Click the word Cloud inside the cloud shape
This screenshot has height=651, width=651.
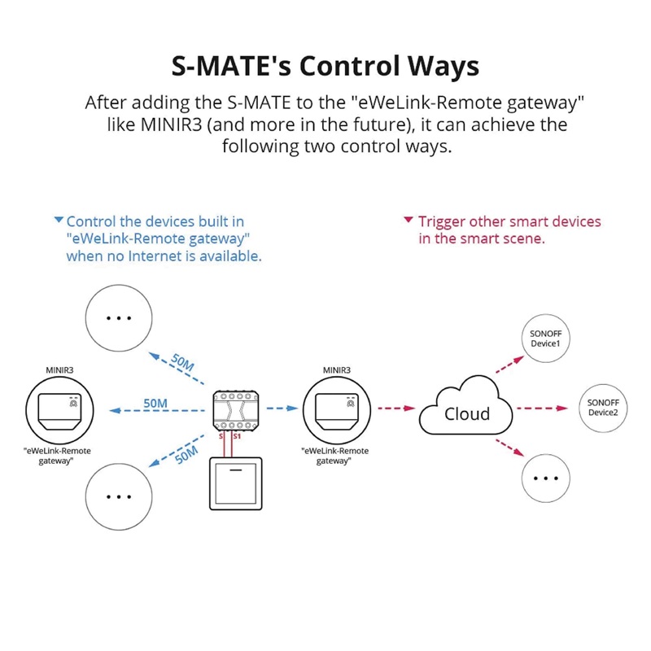pyautogui.click(x=467, y=414)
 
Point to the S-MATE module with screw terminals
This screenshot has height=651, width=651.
pyautogui.click(x=236, y=411)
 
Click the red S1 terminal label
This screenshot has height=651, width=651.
pyautogui.click(x=237, y=436)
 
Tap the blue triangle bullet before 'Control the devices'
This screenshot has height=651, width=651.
pyautogui.click(x=59, y=219)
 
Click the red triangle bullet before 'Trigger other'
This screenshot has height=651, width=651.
pyautogui.click(x=409, y=219)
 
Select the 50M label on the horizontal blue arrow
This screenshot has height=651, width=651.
pyautogui.click(x=155, y=403)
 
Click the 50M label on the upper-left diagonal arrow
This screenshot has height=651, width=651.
pyautogui.click(x=182, y=362)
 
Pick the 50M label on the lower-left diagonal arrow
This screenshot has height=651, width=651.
pyautogui.click(x=186, y=455)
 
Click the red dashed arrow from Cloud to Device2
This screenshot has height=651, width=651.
pyautogui.click(x=542, y=409)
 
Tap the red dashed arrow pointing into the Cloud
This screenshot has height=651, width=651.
pyautogui.click(x=396, y=409)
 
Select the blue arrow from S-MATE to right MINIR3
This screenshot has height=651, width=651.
pyautogui.click(x=282, y=409)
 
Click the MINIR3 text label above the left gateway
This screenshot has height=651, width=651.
pyautogui.click(x=59, y=370)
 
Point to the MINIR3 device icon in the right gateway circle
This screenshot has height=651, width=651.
pyautogui.click(x=337, y=412)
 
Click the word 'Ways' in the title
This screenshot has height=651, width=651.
pyautogui.click(x=443, y=67)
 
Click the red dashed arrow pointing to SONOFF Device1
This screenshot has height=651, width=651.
pyautogui.click(x=509, y=365)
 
